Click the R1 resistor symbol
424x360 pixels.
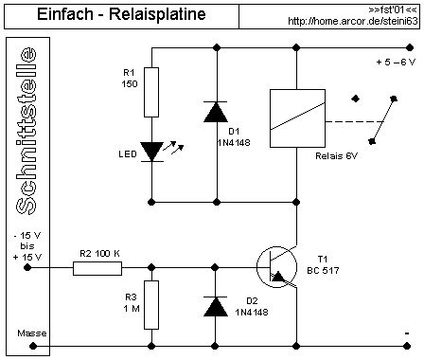point(151,92)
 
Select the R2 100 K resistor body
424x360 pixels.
point(97,268)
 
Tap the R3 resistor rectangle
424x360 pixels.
point(151,305)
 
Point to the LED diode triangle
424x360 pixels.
point(151,152)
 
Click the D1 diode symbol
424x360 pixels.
point(216,112)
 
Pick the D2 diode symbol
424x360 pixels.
point(216,307)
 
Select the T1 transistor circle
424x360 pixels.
point(276,267)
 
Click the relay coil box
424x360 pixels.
point(297,118)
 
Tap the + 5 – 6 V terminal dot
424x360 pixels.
point(410,47)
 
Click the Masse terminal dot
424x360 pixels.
point(33,346)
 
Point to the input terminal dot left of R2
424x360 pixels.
point(27,268)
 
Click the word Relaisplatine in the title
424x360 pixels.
point(157,14)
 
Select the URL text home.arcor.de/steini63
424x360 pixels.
point(353,21)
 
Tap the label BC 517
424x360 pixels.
point(323,270)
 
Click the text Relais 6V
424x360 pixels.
point(336,156)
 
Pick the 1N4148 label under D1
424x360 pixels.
point(234,143)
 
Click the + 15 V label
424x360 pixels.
point(27,258)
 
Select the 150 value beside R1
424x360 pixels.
point(130,84)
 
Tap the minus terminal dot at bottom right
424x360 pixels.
point(407,346)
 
